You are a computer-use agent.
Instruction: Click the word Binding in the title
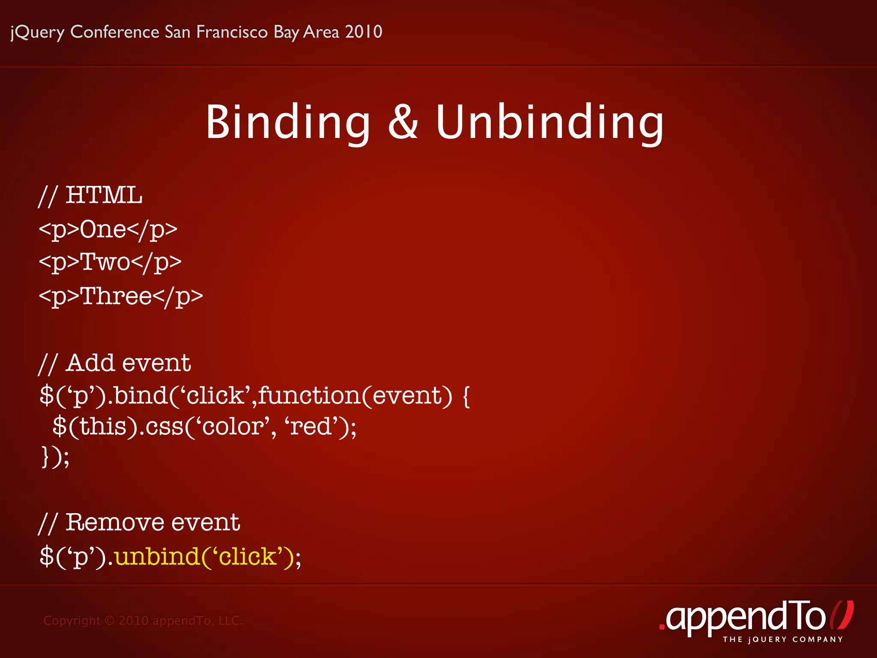288,123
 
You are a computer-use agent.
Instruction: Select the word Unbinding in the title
550,123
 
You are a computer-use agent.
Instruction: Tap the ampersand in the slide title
403,123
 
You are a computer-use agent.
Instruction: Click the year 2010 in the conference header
364,32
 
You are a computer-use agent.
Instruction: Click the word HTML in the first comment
104,195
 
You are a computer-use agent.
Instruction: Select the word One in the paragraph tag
103,229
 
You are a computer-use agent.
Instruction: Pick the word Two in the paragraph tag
105,262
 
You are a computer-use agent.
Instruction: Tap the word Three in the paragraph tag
116,296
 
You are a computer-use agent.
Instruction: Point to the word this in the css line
103,427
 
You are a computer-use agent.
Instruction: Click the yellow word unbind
157,556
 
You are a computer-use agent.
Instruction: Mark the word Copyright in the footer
72,621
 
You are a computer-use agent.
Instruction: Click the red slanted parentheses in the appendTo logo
841,616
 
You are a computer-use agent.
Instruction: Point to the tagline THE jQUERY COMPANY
783,640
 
